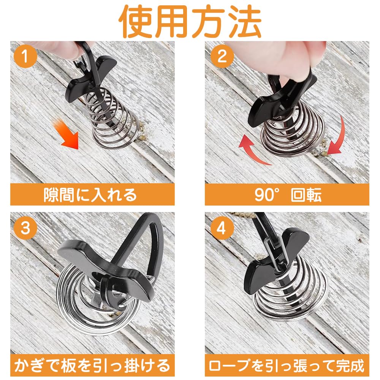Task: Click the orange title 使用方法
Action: pyautogui.click(x=190, y=21)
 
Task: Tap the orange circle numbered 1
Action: pyautogui.click(x=25, y=56)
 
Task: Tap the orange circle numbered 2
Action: pyautogui.click(x=222, y=56)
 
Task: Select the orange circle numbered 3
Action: pyautogui.click(x=25, y=228)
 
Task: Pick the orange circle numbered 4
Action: pyautogui.click(x=222, y=228)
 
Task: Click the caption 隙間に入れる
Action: pyautogui.click(x=90, y=195)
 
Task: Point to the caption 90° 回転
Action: pyautogui.click(x=288, y=195)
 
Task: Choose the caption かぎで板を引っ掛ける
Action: pyautogui.click(x=92, y=366)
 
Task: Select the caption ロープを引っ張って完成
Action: pyautogui.click(x=287, y=366)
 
